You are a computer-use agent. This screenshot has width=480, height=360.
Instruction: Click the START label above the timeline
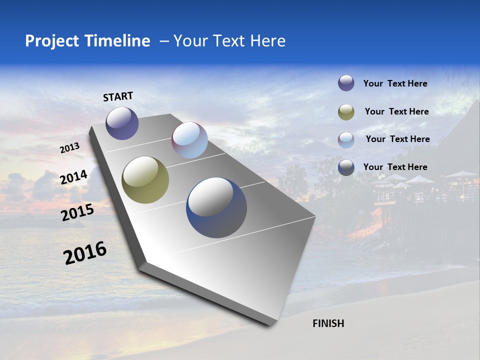[x=118, y=96]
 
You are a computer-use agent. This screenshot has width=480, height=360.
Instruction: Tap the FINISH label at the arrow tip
[x=328, y=323]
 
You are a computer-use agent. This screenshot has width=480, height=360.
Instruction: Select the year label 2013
[x=69, y=147]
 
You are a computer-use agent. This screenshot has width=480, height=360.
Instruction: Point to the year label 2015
[x=77, y=213]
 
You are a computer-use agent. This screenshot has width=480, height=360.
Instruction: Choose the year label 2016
[x=85, y=253]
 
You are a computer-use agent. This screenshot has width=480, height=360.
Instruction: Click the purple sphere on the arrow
[x=122, y=123]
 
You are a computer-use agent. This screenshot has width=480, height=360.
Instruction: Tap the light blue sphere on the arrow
[x=189, y=140]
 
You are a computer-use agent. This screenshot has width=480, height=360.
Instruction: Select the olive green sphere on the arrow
[x=145, y=180]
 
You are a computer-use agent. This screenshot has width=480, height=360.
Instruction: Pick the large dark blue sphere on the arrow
[x=216, y=207]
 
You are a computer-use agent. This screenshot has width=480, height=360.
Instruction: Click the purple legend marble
[x=346, y=83]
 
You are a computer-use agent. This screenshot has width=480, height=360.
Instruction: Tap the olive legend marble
[x=346, y=112]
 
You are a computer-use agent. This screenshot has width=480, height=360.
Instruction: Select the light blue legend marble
[x=346, y=140]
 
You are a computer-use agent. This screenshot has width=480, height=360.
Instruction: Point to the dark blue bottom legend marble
[x=346, y=167]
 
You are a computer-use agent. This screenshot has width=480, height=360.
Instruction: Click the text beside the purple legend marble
[x=395, y=83]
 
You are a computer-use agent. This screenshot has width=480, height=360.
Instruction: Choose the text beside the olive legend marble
[x=396, y=111]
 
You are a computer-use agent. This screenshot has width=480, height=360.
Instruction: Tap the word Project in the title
[x=51, y=41]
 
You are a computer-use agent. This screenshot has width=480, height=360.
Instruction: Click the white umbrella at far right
[x=461, y=174]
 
